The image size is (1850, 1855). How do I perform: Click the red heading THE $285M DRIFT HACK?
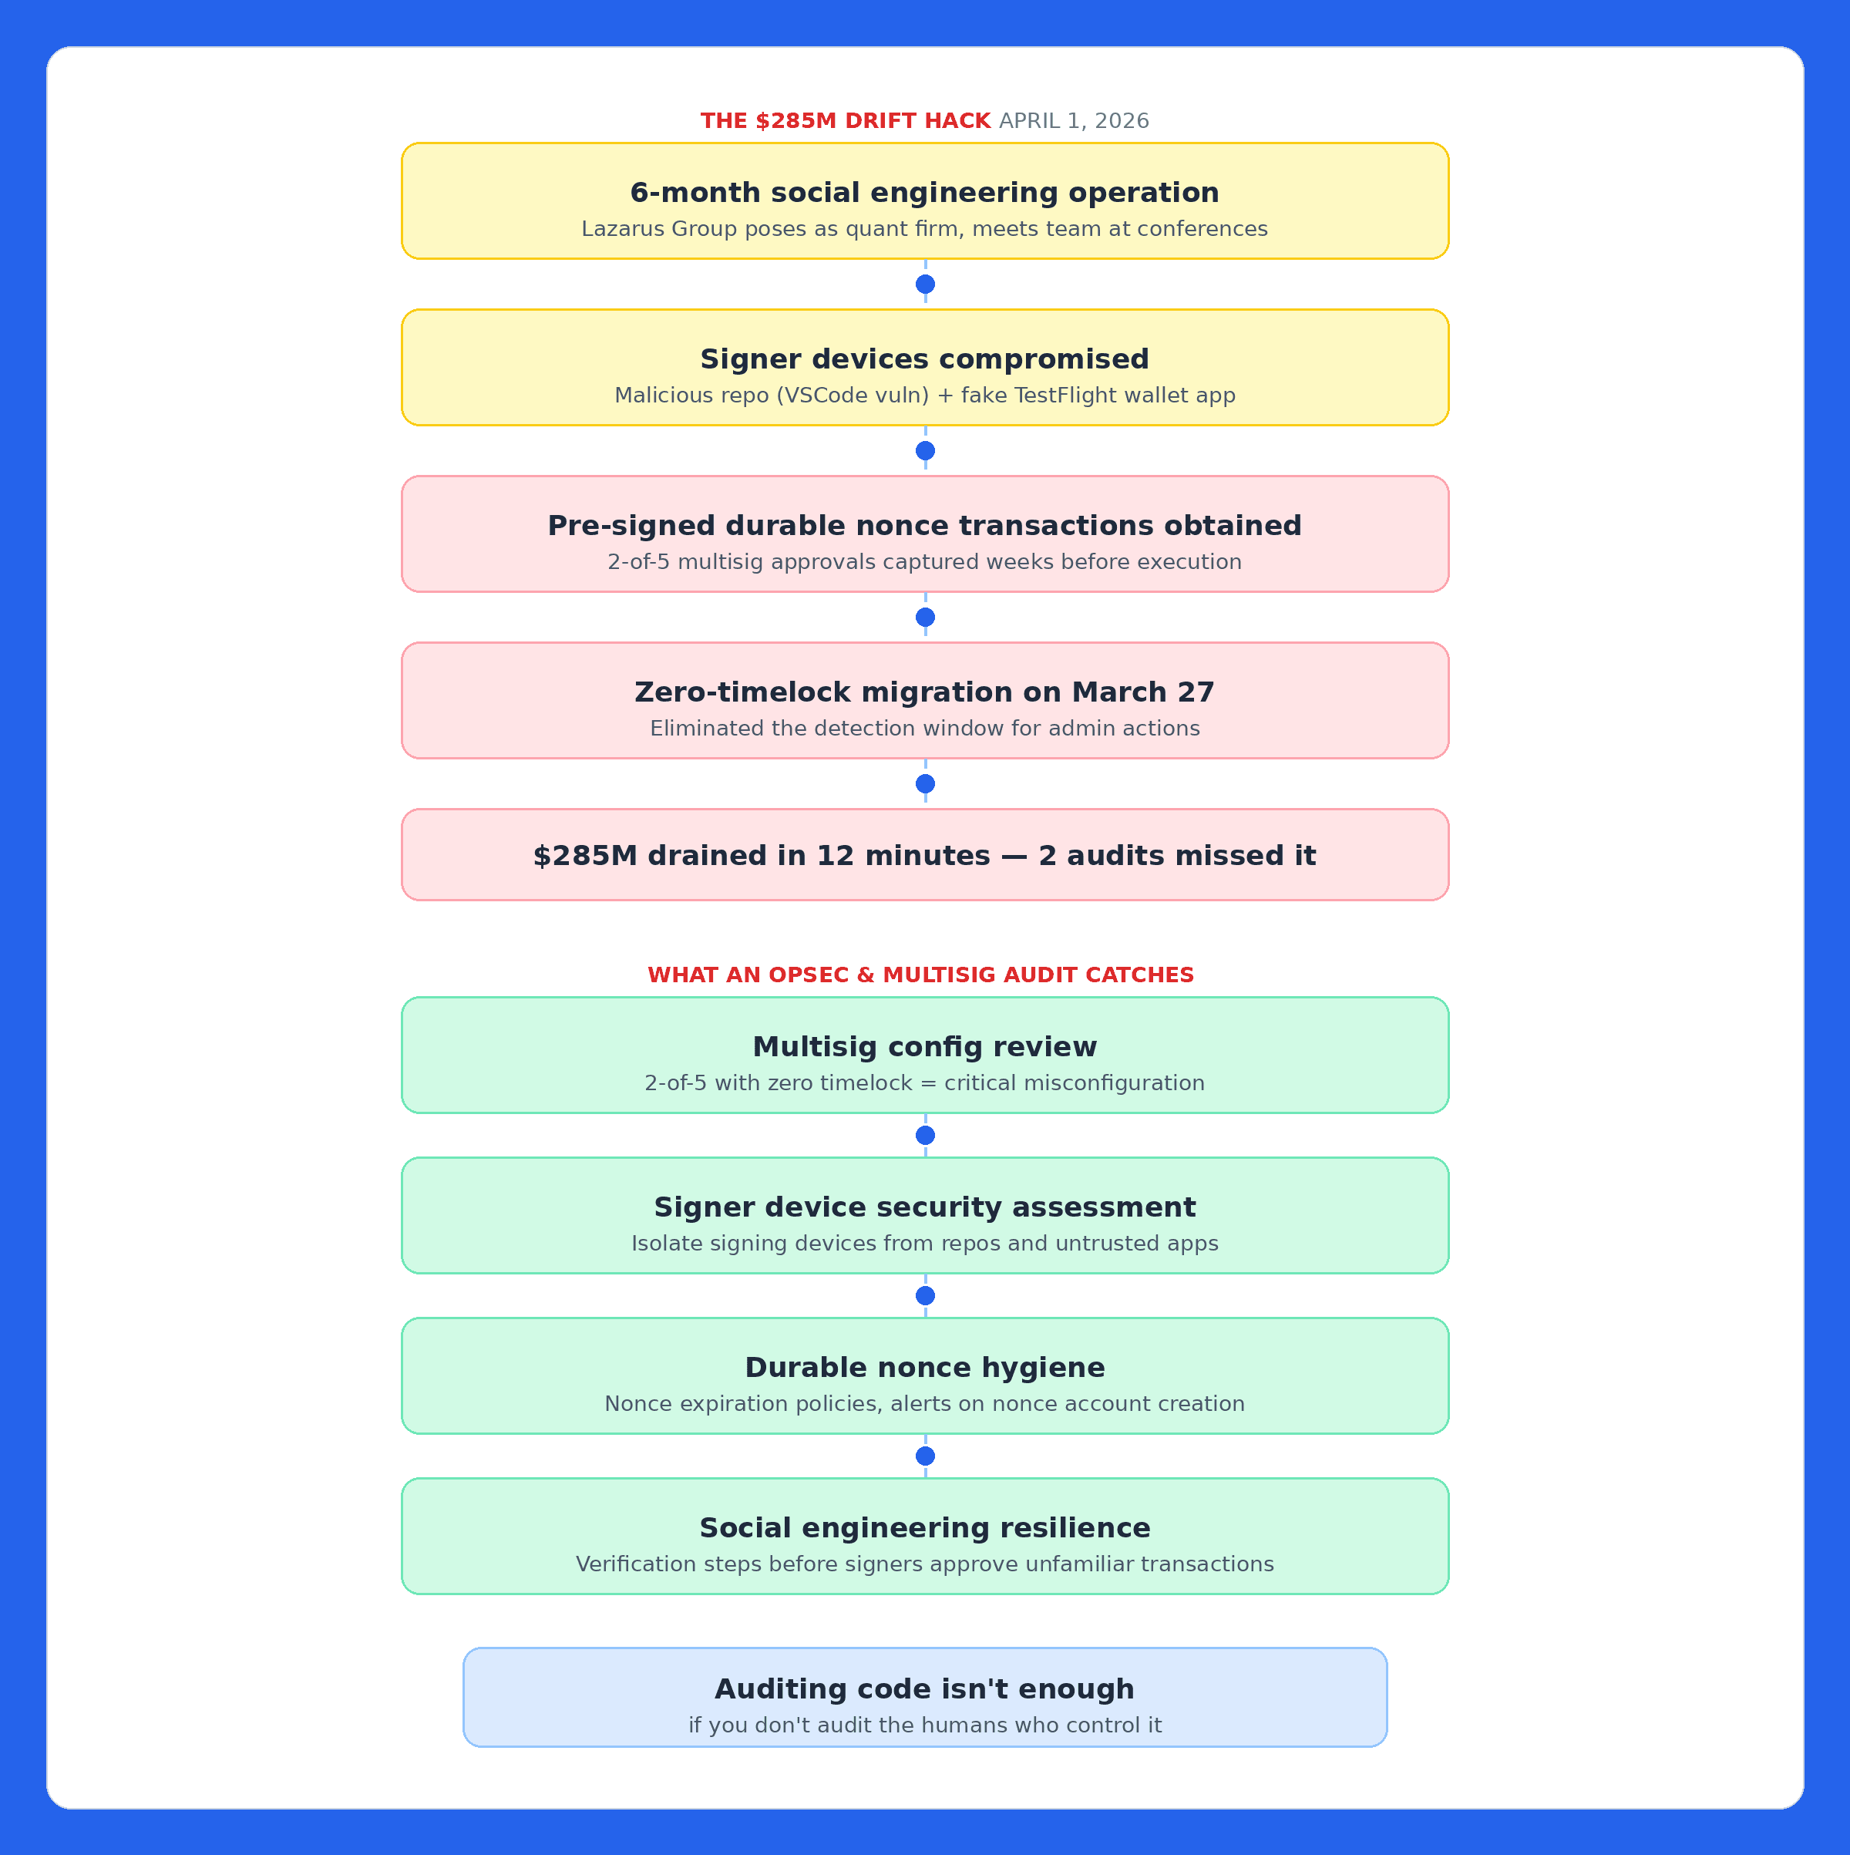(845, 121)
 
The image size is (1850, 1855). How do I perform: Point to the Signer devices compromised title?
(924, 359)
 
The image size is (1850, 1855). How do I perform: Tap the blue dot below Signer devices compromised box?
(924, 450)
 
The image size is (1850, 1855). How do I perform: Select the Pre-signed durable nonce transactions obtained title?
(924, 525)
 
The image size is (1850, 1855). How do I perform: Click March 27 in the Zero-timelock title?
(1142, 692)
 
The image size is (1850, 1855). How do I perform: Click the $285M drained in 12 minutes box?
(924, 854)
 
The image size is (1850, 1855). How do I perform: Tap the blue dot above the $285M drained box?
(924, 783)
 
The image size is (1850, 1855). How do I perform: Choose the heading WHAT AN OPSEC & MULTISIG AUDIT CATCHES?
(920, 975)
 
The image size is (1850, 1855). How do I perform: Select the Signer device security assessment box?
(924, 1216)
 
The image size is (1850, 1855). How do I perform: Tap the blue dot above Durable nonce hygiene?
(924, 1295)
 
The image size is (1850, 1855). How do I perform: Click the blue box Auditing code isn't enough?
(924, 1698)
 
